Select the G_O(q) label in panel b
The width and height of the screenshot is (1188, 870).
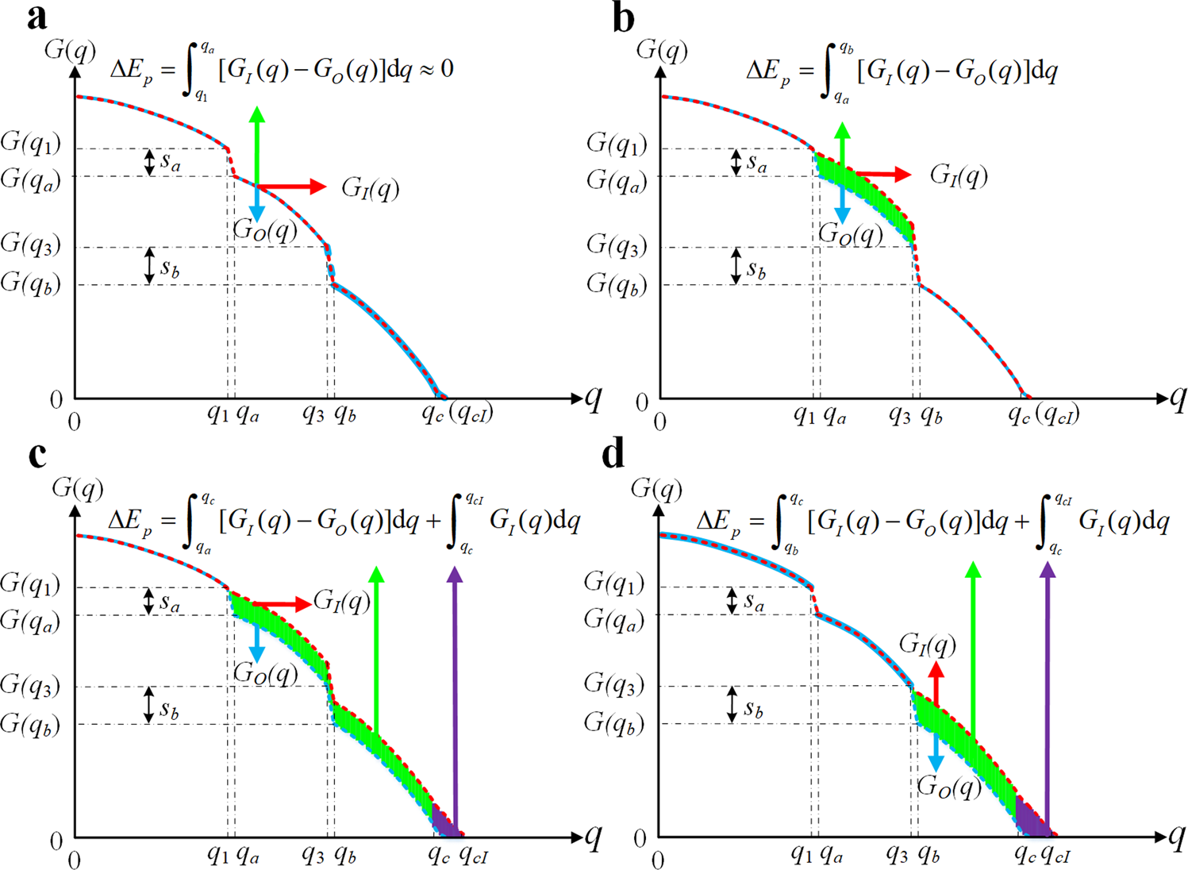click(851, 234)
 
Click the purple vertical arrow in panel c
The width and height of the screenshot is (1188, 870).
click(455, 699)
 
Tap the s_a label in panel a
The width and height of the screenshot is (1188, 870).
click(171, 162)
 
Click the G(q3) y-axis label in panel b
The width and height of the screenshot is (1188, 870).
click(617, 245)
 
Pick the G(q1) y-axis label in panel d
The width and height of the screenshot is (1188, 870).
click(613, 583)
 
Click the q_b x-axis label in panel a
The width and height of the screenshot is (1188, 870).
click(344, 414)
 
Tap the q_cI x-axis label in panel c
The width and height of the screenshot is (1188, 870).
click(474, 855)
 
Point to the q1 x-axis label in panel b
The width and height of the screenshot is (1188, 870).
click(805, 414)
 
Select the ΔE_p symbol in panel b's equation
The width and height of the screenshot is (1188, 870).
click(768, 73)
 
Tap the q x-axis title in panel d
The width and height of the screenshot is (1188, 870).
click(1175, 836)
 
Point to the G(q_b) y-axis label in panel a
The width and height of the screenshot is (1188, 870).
click(30, 283)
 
